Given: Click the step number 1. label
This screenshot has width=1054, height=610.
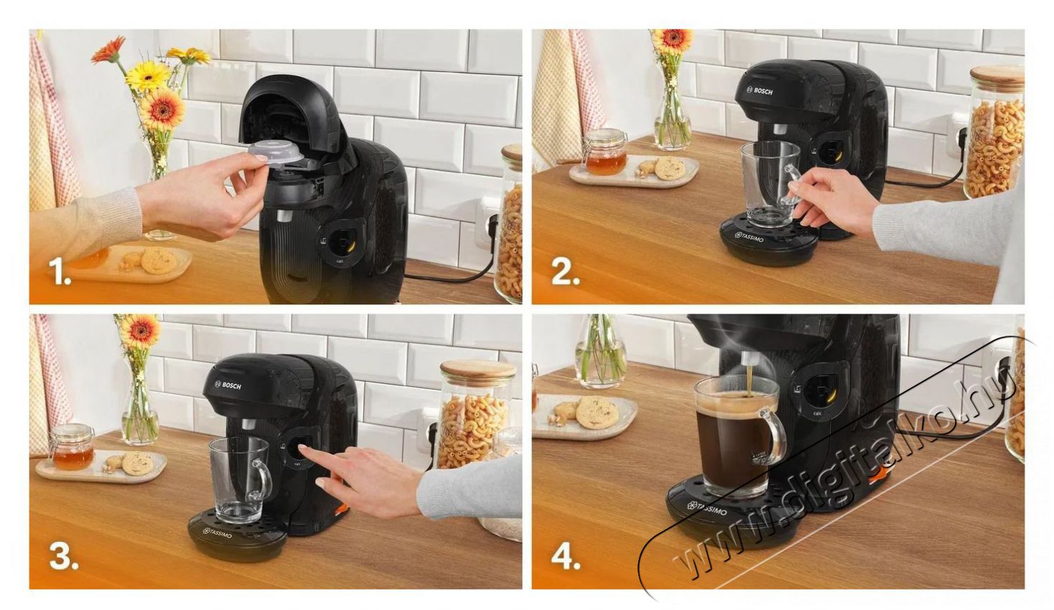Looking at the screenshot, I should point(60,272).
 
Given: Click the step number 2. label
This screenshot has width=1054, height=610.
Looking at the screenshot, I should point(565,272).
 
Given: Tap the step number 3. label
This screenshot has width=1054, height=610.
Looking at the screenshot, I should point(63,557).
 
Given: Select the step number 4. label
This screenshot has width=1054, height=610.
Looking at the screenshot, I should point(566,557).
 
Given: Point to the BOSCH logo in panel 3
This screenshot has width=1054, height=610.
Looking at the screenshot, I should point(228,385).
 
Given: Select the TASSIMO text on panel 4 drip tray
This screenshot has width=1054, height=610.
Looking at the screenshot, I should point(707,508).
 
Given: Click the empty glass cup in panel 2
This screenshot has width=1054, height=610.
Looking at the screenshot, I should point(768,183).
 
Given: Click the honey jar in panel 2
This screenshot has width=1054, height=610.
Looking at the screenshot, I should point(605,153).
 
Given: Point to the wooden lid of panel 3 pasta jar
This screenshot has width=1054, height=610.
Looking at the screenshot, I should point(477,372).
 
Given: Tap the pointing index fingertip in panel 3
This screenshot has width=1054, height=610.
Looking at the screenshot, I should point(302,449).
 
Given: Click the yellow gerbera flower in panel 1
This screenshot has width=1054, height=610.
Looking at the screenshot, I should point(147,75).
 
